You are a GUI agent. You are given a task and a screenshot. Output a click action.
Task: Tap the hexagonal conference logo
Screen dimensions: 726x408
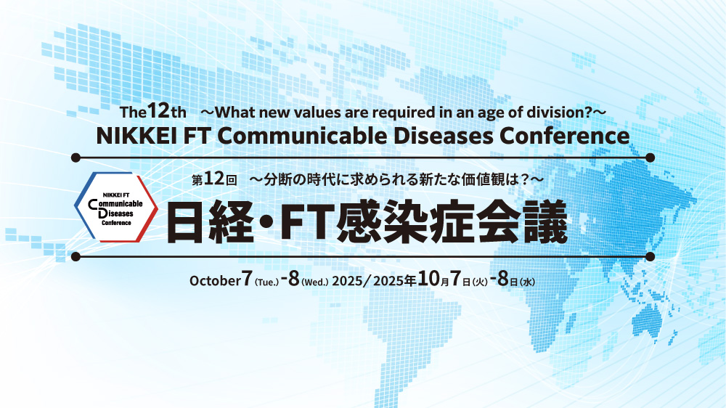(x=115, y=207)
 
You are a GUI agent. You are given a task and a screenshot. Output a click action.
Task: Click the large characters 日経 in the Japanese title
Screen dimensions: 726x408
(x=210, y=222)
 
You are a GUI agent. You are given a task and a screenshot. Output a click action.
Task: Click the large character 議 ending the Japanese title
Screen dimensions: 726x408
(x=546, y=222)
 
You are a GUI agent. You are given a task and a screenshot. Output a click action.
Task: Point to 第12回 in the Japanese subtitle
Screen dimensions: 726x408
(x=214, y=179)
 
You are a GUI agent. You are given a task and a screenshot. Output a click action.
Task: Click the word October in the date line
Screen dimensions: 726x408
(x=215, y=281)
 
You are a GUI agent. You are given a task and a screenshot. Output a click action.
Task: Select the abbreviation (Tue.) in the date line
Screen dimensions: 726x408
(x=266, y=282)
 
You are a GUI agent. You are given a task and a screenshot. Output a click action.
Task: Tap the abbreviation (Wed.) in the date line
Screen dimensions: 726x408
(x=315, y=282)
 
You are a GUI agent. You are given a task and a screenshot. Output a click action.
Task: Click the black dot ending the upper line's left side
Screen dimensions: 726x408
(x=76, y=158)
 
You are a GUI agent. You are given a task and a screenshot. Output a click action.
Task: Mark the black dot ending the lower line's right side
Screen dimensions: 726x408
(x=650, y=256)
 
